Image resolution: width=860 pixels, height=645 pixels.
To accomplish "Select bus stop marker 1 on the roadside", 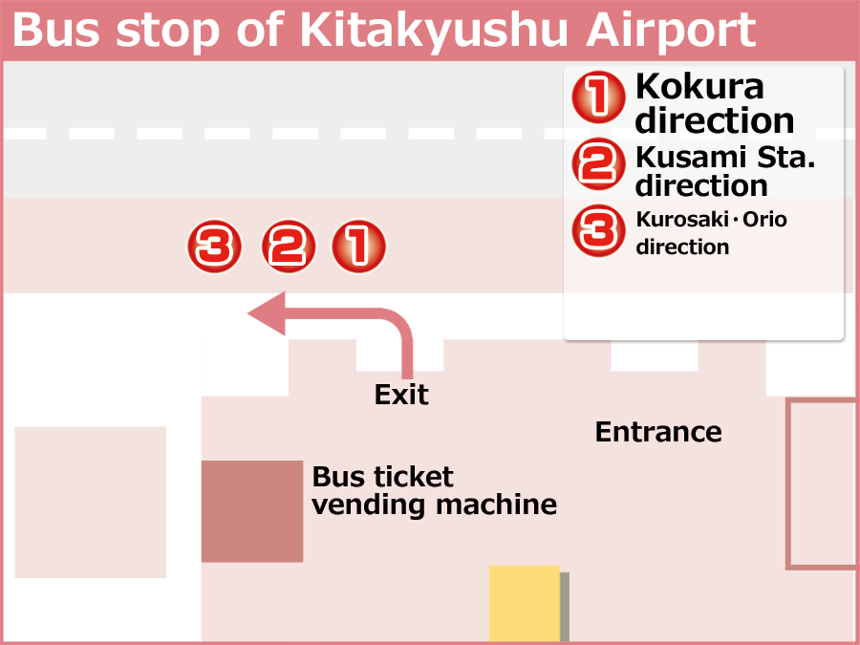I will click(x=358, y=247).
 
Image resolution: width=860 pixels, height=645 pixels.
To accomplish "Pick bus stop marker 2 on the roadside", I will click(x=289, y=247).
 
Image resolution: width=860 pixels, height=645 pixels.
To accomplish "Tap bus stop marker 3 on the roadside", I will click(x=213, y=247).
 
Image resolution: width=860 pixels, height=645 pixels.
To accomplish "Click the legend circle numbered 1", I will click(x=598, y=99).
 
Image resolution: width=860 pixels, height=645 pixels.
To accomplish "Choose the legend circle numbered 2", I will click(x=598, y=164).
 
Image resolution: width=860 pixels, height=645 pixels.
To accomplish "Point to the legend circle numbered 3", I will click(x=598, y=232).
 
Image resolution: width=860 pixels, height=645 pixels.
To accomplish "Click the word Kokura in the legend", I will click(x=699, y=86).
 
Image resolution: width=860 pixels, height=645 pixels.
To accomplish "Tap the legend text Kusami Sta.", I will click(x=725, y=155).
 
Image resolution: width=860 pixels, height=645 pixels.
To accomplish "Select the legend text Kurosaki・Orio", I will click(x=711, y=219).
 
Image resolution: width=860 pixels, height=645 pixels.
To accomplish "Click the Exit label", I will click(x=401, y=394).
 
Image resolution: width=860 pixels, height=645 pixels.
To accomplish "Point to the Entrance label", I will click(x=658, y=432).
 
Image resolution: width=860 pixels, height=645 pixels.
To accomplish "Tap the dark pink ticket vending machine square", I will click(x=251, y=511).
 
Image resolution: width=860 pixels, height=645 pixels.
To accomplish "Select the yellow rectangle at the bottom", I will click(x=525, y=605).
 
